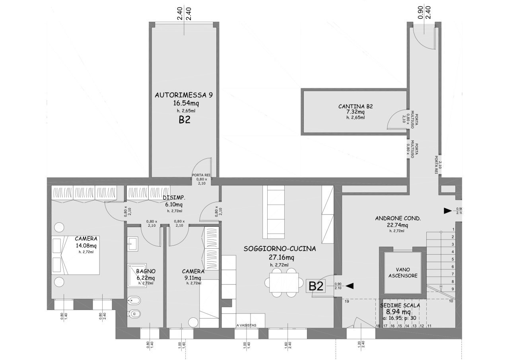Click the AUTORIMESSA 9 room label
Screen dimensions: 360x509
tap(184, 95)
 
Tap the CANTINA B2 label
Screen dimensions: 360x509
tap(355, 106)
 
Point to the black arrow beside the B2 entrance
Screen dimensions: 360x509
tap(350, 286)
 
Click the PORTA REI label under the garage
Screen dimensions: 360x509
tap(201, 175)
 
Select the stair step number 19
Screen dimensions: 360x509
tap(346, 302)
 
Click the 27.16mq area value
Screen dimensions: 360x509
tap(281, 257)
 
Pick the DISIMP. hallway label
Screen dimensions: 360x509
tap(174, 198)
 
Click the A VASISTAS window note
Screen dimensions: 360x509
tap(246, 325)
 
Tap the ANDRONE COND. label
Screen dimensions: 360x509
tap(398, 218)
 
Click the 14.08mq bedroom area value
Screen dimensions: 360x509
tap(86, 245)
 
